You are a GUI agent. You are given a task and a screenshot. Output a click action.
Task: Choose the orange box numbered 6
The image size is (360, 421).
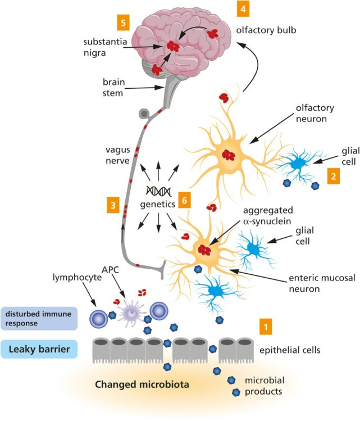click(x=184, y=199)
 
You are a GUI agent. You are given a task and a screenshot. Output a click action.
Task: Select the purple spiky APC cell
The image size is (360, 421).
click(x=134, y=310)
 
